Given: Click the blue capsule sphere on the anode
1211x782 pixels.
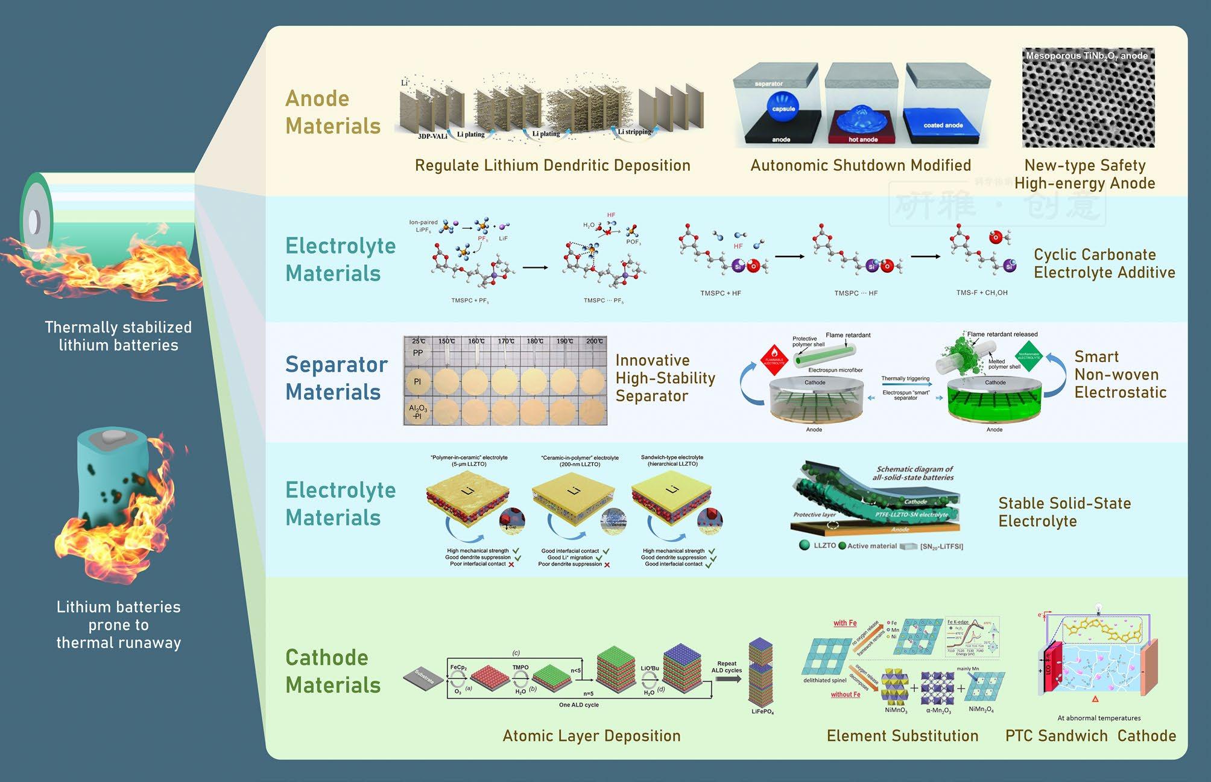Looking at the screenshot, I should coord(783,107).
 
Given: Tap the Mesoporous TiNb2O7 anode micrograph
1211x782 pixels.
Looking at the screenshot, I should coord(1088,98).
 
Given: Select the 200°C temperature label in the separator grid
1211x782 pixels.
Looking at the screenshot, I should coord(594,342).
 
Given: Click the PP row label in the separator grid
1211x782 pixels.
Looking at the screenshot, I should coord(418,353).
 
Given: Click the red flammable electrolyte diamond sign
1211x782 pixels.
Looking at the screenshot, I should coord(774,360).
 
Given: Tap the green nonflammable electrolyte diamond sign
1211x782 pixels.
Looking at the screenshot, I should coord(1029,356).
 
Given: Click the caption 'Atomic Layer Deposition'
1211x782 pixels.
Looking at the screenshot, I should coord(591,736).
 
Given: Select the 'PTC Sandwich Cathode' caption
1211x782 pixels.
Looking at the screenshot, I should coord(1090,736).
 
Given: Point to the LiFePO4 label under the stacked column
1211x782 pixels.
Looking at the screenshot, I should coord(762,712).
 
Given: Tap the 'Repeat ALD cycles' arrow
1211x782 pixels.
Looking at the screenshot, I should coord(727,678).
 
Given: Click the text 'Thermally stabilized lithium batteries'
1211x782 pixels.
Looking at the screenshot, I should coord(118,336).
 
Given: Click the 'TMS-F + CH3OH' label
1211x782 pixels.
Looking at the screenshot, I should coord(981,293).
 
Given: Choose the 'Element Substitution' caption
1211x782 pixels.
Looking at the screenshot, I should coord(902,736).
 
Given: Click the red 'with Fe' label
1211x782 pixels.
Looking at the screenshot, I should coord(845,623).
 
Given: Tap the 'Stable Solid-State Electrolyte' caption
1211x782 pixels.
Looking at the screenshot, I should coord(1064,512).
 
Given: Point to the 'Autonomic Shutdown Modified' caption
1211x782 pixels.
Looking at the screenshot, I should coord(860,165).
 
